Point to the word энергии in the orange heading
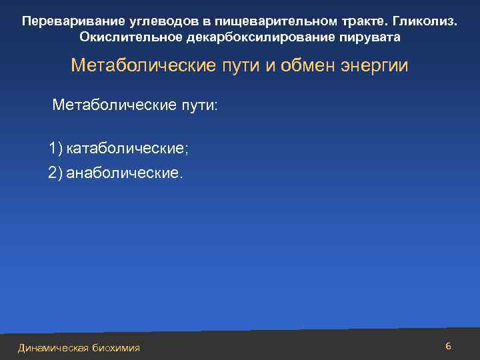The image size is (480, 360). click(x=377, y=67)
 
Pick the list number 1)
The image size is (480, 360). click(x=56, y=148)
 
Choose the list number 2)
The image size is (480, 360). click(x=56, y=173)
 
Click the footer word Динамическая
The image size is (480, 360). click(x=53, y=347)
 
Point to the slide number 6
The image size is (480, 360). click(x=448, y=346)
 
